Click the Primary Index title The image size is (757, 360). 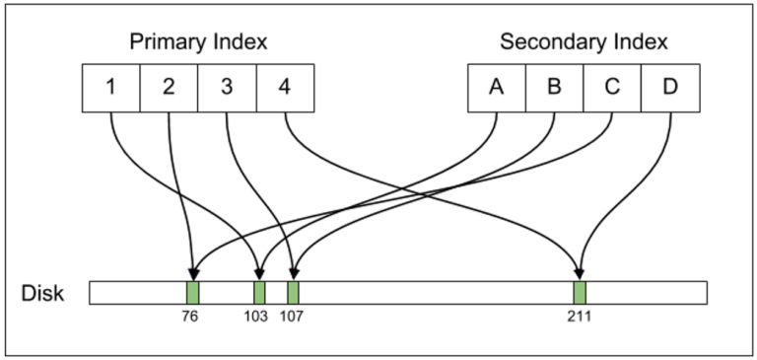coord(199,42)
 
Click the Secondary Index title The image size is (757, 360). coord(584,42)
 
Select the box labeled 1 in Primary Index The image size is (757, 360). coord(111,87)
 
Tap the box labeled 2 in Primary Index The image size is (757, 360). coord(170,87)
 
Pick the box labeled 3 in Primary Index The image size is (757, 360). coord(228,87)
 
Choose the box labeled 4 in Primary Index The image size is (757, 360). coord(286,87)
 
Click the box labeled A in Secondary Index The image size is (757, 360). coord(496,87)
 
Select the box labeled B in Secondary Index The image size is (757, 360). coord(554,87)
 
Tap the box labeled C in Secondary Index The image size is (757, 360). coord(612,87)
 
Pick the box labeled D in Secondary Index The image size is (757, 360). coord(671,87)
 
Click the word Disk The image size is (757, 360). coord(43,293)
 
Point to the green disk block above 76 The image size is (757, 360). coord(193,293)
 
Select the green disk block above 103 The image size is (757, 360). coord(259,293)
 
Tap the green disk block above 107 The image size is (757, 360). coord(293,293)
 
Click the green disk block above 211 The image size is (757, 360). coord(580,293)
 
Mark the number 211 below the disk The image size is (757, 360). coord(580,318)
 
